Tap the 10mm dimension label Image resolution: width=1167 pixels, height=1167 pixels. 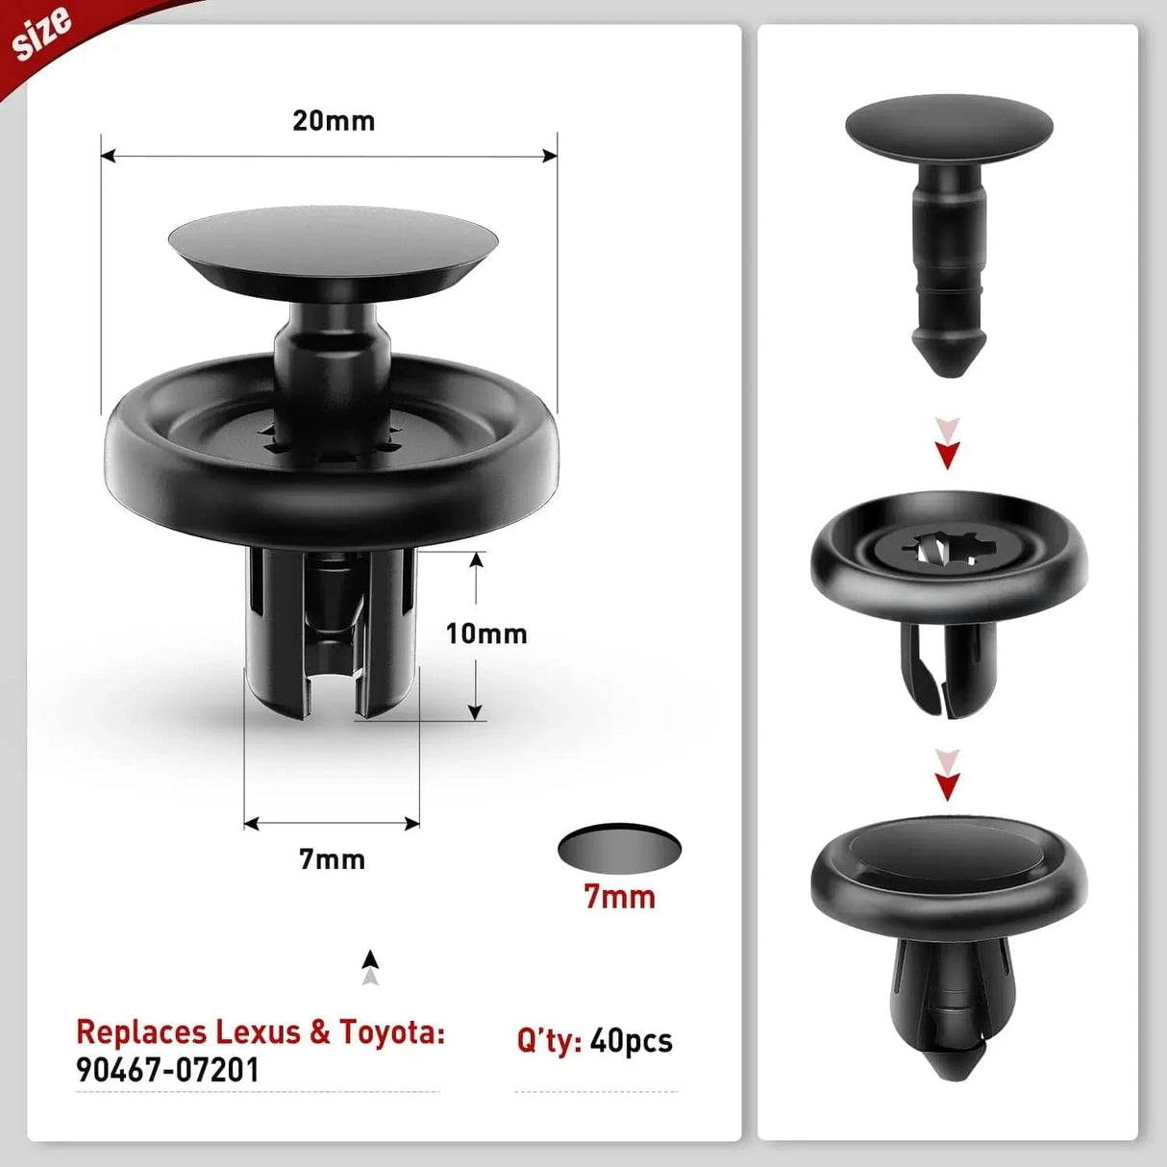(x=486, y=633)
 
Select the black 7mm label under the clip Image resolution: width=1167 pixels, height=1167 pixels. (x=332, y=858)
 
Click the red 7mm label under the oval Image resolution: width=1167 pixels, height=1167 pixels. (x=620, y=897)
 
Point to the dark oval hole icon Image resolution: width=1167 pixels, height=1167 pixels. (x=619, y=847)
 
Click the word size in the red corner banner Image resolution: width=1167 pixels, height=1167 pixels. (x=43, y=36)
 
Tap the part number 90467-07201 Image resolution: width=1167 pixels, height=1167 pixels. (x=168, y=1070)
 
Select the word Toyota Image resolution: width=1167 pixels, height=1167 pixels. (x=390, y=1031)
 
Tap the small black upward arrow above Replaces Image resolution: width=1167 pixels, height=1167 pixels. (x=370, y=959)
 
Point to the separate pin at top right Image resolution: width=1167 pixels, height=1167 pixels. (x=949, y=211)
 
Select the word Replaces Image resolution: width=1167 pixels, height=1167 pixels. (x=140, y=1031)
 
